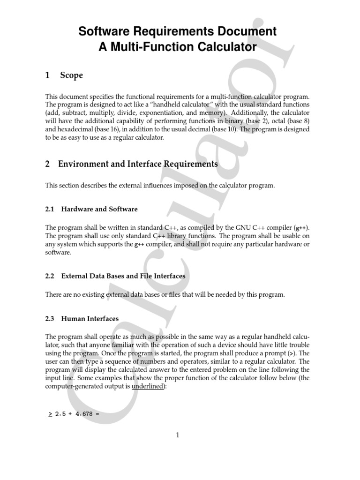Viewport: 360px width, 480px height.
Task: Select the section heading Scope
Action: coord(71,75)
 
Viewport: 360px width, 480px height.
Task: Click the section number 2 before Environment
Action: coord(47,164)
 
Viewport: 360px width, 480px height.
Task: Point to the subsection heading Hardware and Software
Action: coord(99,209)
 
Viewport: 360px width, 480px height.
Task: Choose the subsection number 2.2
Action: coord(50,276)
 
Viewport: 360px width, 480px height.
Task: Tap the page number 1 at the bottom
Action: coord(178,435)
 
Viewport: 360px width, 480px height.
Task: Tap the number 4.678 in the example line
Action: coord(84,414)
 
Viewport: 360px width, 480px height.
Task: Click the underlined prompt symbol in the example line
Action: coord(50,414)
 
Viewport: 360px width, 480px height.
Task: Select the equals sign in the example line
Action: coord(98,414)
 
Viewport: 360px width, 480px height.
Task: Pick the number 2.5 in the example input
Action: coord(60,414)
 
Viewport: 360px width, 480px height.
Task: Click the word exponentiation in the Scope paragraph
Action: coord(174,113)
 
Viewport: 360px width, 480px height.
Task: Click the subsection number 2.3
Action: coord(50,319)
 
